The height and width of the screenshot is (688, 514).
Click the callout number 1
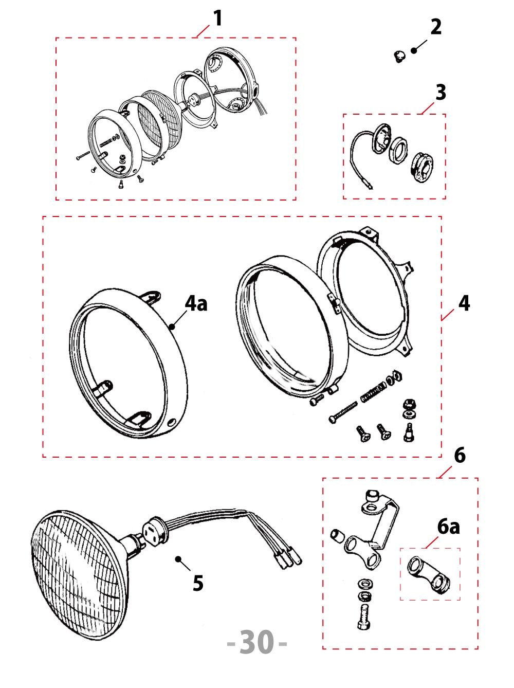tap(218, 19)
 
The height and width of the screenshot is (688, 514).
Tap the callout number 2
tap(435, 27)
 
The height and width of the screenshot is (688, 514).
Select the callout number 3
tap(440, 93)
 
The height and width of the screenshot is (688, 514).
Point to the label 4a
tap(196, 303)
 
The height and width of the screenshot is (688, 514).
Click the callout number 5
tap(198, 583)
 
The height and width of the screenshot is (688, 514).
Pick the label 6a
tap(448, 527)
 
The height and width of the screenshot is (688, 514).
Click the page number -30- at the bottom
tap(256, 642)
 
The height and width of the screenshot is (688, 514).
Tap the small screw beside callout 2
tap(399, 55)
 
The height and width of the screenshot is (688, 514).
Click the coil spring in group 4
tap(373, 392)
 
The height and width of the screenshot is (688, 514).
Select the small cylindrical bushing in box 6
tap(337, 536)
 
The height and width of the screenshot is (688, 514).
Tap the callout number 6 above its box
tap(460, 455)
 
